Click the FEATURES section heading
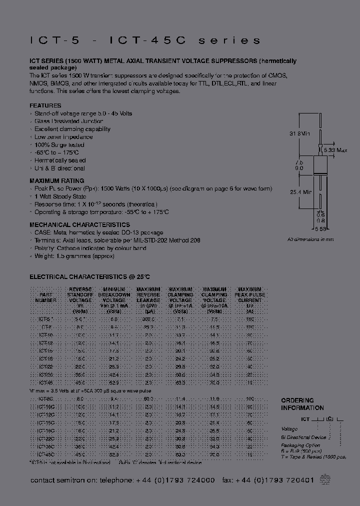45,105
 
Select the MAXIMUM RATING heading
56,180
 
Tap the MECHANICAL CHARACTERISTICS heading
79,225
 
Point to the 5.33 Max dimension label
335,149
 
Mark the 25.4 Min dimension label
300,191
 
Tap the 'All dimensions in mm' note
310,239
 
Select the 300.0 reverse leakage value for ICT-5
148,318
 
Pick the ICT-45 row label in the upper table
45,382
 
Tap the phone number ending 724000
175,480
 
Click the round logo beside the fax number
325,479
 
